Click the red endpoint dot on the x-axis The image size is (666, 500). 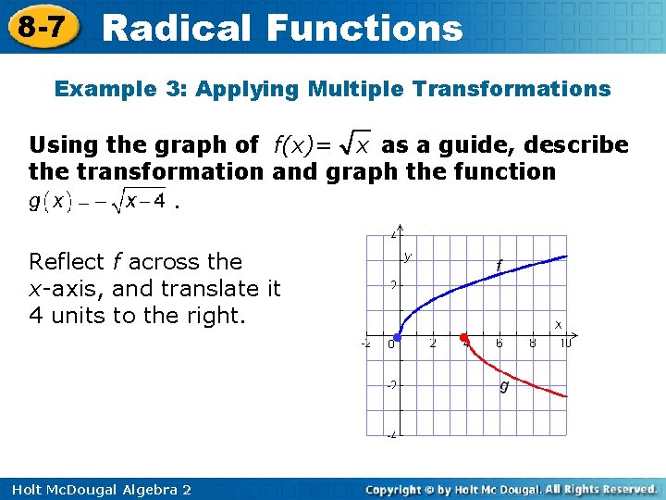[464, 336]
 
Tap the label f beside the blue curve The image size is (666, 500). [499, 267]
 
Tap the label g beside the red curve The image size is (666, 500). [504, 386]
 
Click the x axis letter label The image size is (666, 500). [558, 324]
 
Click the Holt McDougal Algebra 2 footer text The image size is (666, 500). [98, 489]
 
